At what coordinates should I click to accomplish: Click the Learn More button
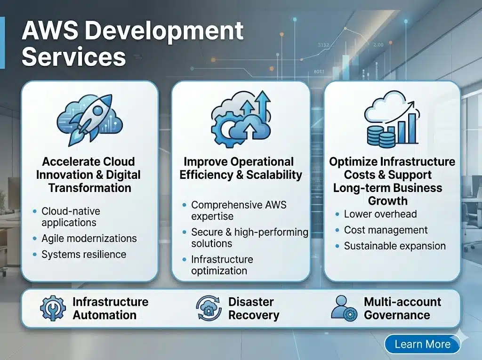(422, 344)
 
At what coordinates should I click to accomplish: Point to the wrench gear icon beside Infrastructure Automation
(53, 308)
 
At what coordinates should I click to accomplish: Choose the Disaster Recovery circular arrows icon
(209, 308)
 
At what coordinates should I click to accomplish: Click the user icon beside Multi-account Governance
(344, 308)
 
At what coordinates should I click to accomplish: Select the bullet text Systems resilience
(84, 255)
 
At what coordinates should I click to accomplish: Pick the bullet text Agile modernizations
(89, 239)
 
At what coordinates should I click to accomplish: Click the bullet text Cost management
(386, 230)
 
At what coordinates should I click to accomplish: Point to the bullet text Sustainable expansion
(395, 246)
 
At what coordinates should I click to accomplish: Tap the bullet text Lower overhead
(380, 214)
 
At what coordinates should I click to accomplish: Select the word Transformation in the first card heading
(90, 188)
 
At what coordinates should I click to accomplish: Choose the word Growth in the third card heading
(388, 201)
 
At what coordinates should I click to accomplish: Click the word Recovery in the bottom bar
(254, 315)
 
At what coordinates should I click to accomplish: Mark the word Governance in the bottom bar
(397, 315)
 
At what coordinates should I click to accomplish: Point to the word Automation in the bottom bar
(104, 315)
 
